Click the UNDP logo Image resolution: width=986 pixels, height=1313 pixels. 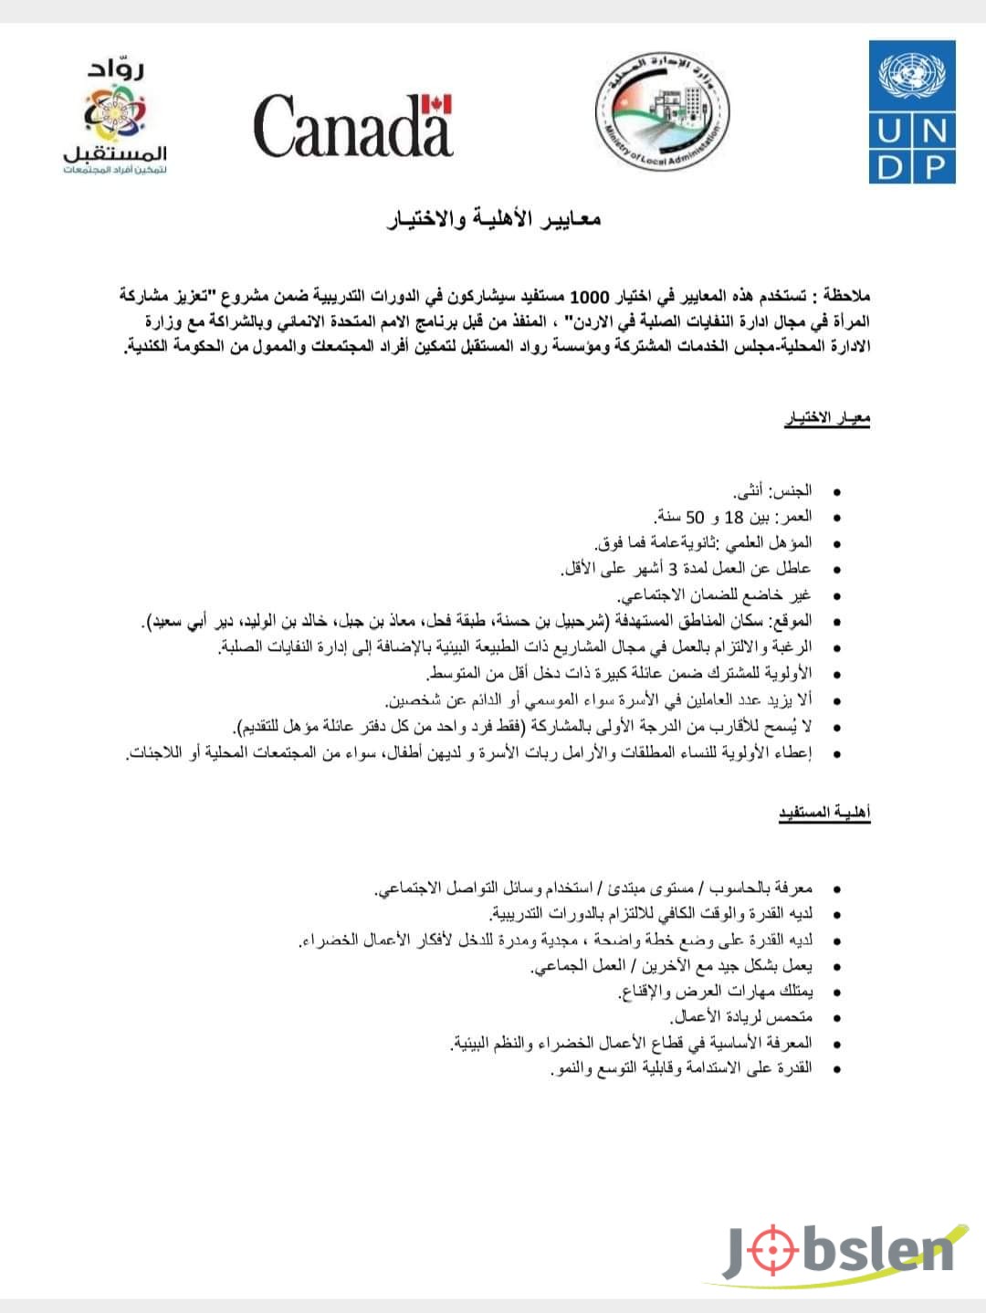(x=916, y=110)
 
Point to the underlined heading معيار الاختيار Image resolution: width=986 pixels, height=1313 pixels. (x=827, y=419)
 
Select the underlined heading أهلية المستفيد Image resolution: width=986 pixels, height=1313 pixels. (x=823, y=812)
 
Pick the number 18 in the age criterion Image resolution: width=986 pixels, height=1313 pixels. (x=734, y=518)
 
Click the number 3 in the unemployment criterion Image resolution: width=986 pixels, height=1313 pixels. (x=675, y=569)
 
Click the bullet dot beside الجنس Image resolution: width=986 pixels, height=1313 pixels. (x=835, y=492)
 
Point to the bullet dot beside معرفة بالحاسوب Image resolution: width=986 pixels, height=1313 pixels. (x=835, y=888)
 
